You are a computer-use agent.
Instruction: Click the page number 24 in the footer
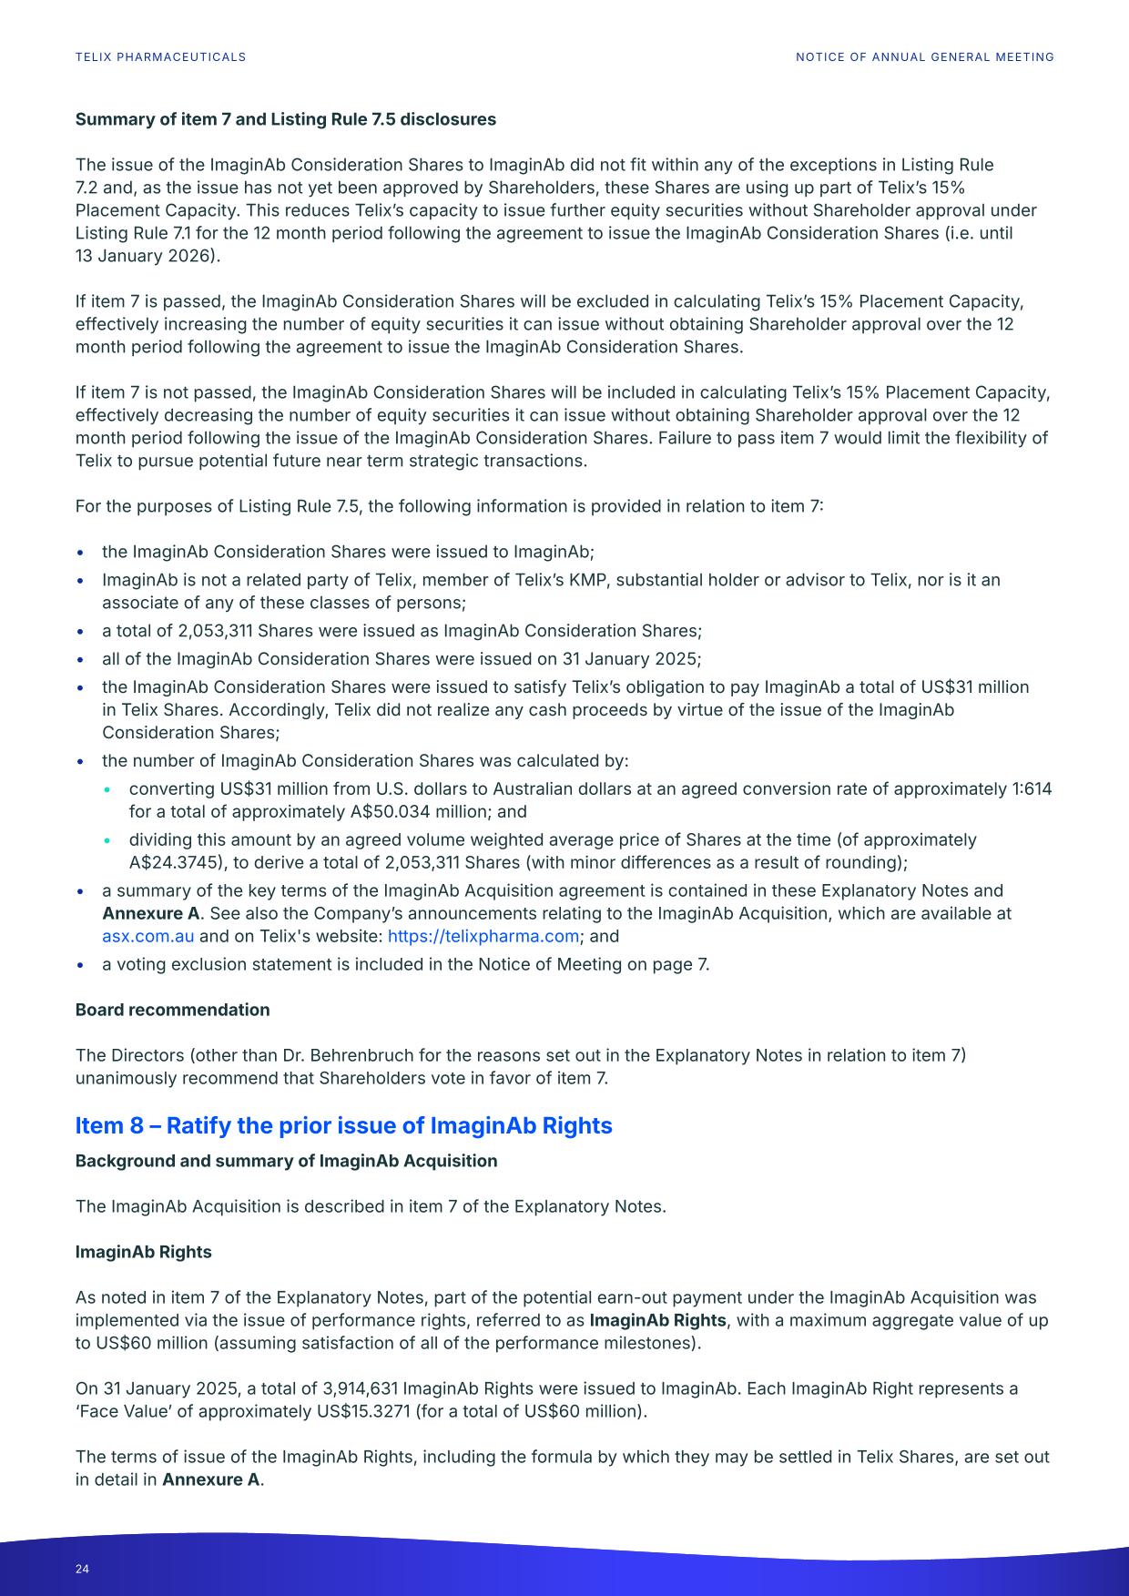pos(83,1569)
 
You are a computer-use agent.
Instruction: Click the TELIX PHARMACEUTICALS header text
pos(160,56)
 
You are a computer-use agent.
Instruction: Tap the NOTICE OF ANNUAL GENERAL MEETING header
pos(924,56)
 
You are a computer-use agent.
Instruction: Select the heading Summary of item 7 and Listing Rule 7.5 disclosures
pos(285,119)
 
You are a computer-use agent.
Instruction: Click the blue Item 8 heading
pos(343,1125)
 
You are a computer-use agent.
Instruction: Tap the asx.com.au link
pos(147,936)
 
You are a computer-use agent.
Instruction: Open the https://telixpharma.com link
pos(483,936)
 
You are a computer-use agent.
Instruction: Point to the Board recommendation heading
pos(172,1010)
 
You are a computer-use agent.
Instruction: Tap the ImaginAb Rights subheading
pos(143,1252)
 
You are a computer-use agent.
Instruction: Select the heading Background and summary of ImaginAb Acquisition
pos(286,1161)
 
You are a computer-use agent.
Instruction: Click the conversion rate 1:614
pos(1032,788)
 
